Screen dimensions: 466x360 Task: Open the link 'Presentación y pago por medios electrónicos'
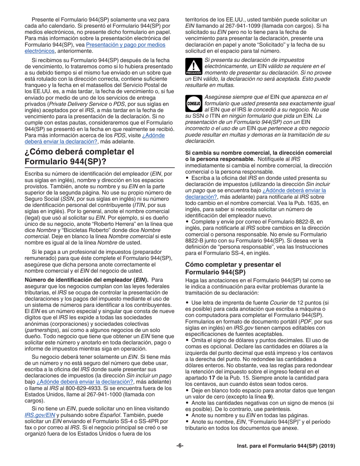click(x=125, y=45)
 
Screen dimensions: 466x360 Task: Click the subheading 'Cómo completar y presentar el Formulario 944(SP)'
click(x=233, y=269)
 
